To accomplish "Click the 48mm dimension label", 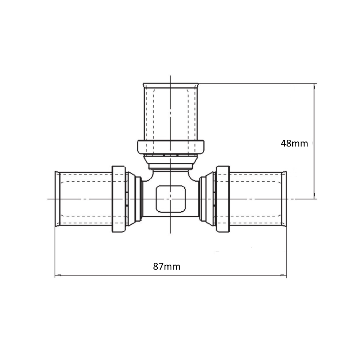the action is pos(294,144).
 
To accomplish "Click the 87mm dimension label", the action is pos(167,266).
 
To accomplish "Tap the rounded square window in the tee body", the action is pos(170,199).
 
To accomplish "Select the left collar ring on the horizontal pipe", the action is pos(119,199).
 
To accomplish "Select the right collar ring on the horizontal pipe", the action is pos(223,199).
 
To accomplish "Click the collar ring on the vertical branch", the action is pos(171,147).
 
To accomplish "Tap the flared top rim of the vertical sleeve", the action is pos(170,85).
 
